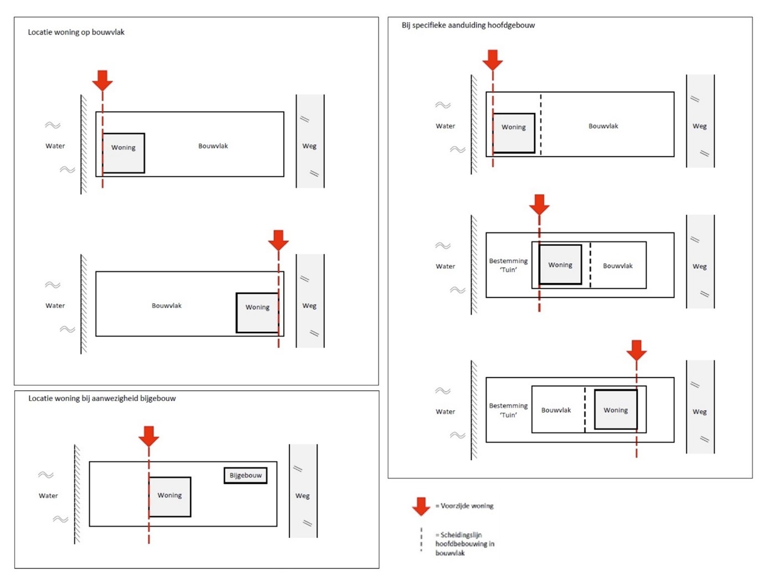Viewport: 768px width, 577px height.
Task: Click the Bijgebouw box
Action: coord(245,475)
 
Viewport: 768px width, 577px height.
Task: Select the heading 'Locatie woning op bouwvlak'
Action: coord(76,32)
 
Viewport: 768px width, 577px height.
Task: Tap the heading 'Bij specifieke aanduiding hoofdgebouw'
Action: coord(468,25)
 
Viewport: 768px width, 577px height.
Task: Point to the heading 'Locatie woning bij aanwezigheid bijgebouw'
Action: coord(102,398)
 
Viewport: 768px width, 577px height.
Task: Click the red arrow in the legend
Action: coord(421,506)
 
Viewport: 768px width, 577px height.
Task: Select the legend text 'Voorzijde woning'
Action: coord(464,505)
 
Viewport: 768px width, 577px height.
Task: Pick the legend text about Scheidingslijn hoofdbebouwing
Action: coord(465,544)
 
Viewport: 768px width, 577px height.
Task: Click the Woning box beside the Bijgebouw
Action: coord(170,497)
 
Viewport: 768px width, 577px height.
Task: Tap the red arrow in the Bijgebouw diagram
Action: coord(149,436)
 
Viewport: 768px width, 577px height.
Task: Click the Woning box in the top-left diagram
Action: coord(124,153)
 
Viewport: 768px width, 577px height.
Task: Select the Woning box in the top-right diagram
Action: coord(514,133)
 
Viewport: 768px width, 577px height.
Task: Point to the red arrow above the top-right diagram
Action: coord(492,60)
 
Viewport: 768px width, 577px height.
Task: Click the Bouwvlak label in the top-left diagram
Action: coord(213,146)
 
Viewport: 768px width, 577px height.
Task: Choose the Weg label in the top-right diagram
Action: coord(699,126)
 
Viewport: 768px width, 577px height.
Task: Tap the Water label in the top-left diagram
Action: coord(55,146)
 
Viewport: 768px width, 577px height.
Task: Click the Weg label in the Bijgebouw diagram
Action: coord(303,496)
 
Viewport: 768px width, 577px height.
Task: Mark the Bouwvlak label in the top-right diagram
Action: coord(603,126)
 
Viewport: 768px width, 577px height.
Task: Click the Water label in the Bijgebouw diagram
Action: coord(48,496)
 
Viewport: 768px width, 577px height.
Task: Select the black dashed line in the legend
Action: coord(421,539)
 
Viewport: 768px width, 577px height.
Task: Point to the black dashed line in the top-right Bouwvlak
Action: coord(541,124)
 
